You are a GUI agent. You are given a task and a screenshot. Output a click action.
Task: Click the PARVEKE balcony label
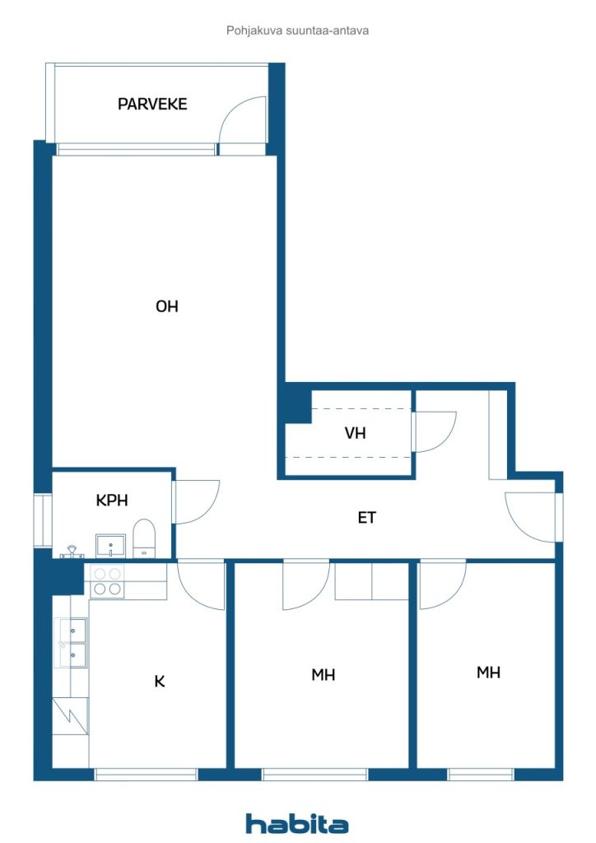[x=152, y=105]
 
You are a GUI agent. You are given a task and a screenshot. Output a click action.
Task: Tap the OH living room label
[x=167, y=307]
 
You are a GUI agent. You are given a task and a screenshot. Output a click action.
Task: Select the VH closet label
[x=355, y=432]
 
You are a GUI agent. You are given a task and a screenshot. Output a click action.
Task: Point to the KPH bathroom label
[x=112, y=501]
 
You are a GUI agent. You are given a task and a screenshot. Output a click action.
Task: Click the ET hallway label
[x=367, y=518]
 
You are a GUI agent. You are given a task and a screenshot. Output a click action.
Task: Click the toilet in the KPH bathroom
[x=144, y=538]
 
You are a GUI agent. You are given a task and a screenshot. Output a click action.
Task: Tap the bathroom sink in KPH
[x=109, y=545]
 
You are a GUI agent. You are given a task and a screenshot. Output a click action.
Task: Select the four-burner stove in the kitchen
[x=107, y=581]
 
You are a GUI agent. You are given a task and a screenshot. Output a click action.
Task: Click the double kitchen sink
[x=71, y=643]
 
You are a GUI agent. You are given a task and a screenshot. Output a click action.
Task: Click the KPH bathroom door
[x=195, y=502]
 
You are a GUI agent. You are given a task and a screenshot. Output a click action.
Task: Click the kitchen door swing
[x=201, y=585]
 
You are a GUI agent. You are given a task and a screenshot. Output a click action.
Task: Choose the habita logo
[x=297, y=823]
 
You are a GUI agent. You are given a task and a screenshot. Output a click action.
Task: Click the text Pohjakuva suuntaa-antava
[x=297, y=30]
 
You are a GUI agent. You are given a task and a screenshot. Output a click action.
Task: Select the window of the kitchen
[x=147, y=774]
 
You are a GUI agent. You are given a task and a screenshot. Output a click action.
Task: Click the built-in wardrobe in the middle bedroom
[x=372, y=581]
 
